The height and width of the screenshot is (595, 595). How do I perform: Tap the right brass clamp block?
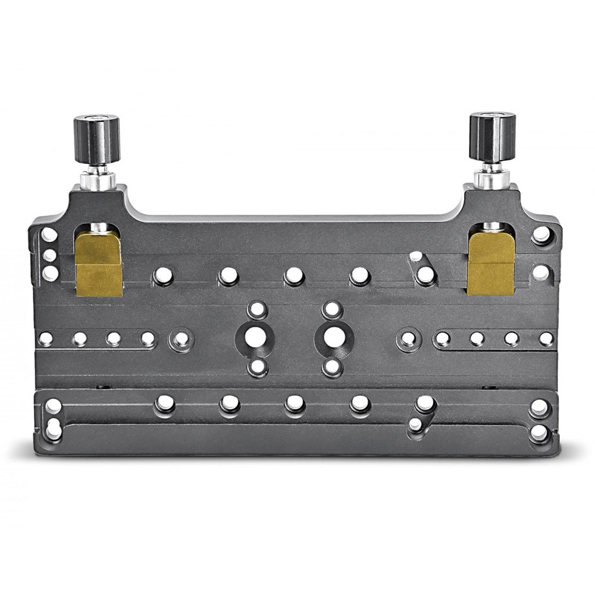[x=491, y=262]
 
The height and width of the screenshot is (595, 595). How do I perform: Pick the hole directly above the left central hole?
[x=257, y=309]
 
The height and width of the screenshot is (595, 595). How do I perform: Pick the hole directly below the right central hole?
[x=332, y=367]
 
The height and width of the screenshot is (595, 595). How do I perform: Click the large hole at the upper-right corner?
[x=541, y=234]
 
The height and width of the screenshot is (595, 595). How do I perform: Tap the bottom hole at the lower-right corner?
[x=540, y=431]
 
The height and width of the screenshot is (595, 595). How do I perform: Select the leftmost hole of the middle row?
[x=46, y=339]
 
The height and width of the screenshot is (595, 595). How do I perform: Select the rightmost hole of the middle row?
[x=546, y=339]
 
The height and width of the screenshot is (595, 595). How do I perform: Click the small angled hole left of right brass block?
[x=416, y=257]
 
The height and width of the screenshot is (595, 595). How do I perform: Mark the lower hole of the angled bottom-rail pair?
[x=416, y=424]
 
